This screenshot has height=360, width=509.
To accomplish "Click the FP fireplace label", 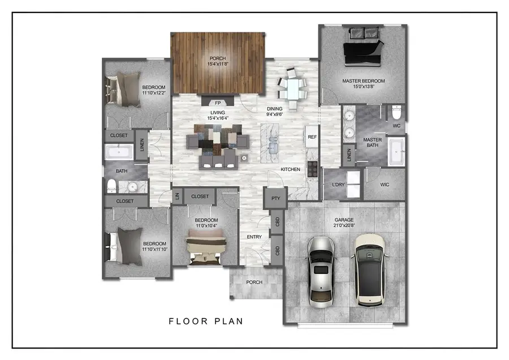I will coord(218,103).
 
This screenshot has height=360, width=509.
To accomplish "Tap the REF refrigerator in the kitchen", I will coord(312,137).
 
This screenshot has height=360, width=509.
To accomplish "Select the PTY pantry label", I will coord(275,199).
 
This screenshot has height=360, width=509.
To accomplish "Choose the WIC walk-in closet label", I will coord(385,184).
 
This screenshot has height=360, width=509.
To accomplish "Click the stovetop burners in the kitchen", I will coord(312,168).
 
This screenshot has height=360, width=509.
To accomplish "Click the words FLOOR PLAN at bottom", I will coord(206,322).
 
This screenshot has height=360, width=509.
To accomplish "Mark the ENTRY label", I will coord(254,237).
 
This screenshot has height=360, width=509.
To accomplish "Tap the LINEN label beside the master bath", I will coord(349,155).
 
